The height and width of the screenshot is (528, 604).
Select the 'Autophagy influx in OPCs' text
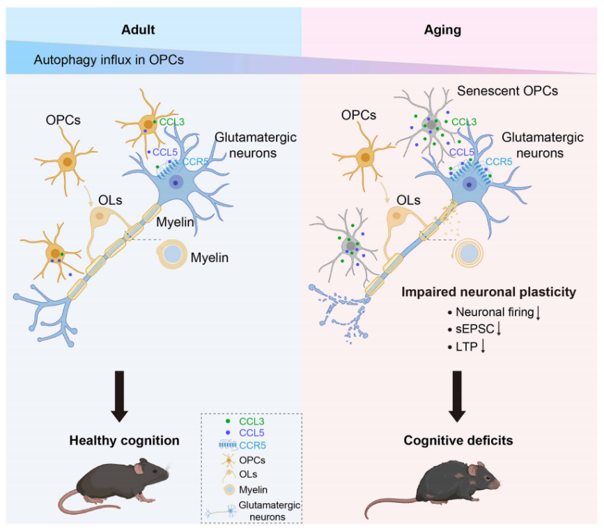click(108, 60)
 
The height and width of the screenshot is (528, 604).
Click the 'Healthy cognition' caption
click(124, 440)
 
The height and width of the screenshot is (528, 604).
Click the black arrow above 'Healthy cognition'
click(120, 396)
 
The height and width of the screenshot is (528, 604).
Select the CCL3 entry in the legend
click(251, 421)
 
